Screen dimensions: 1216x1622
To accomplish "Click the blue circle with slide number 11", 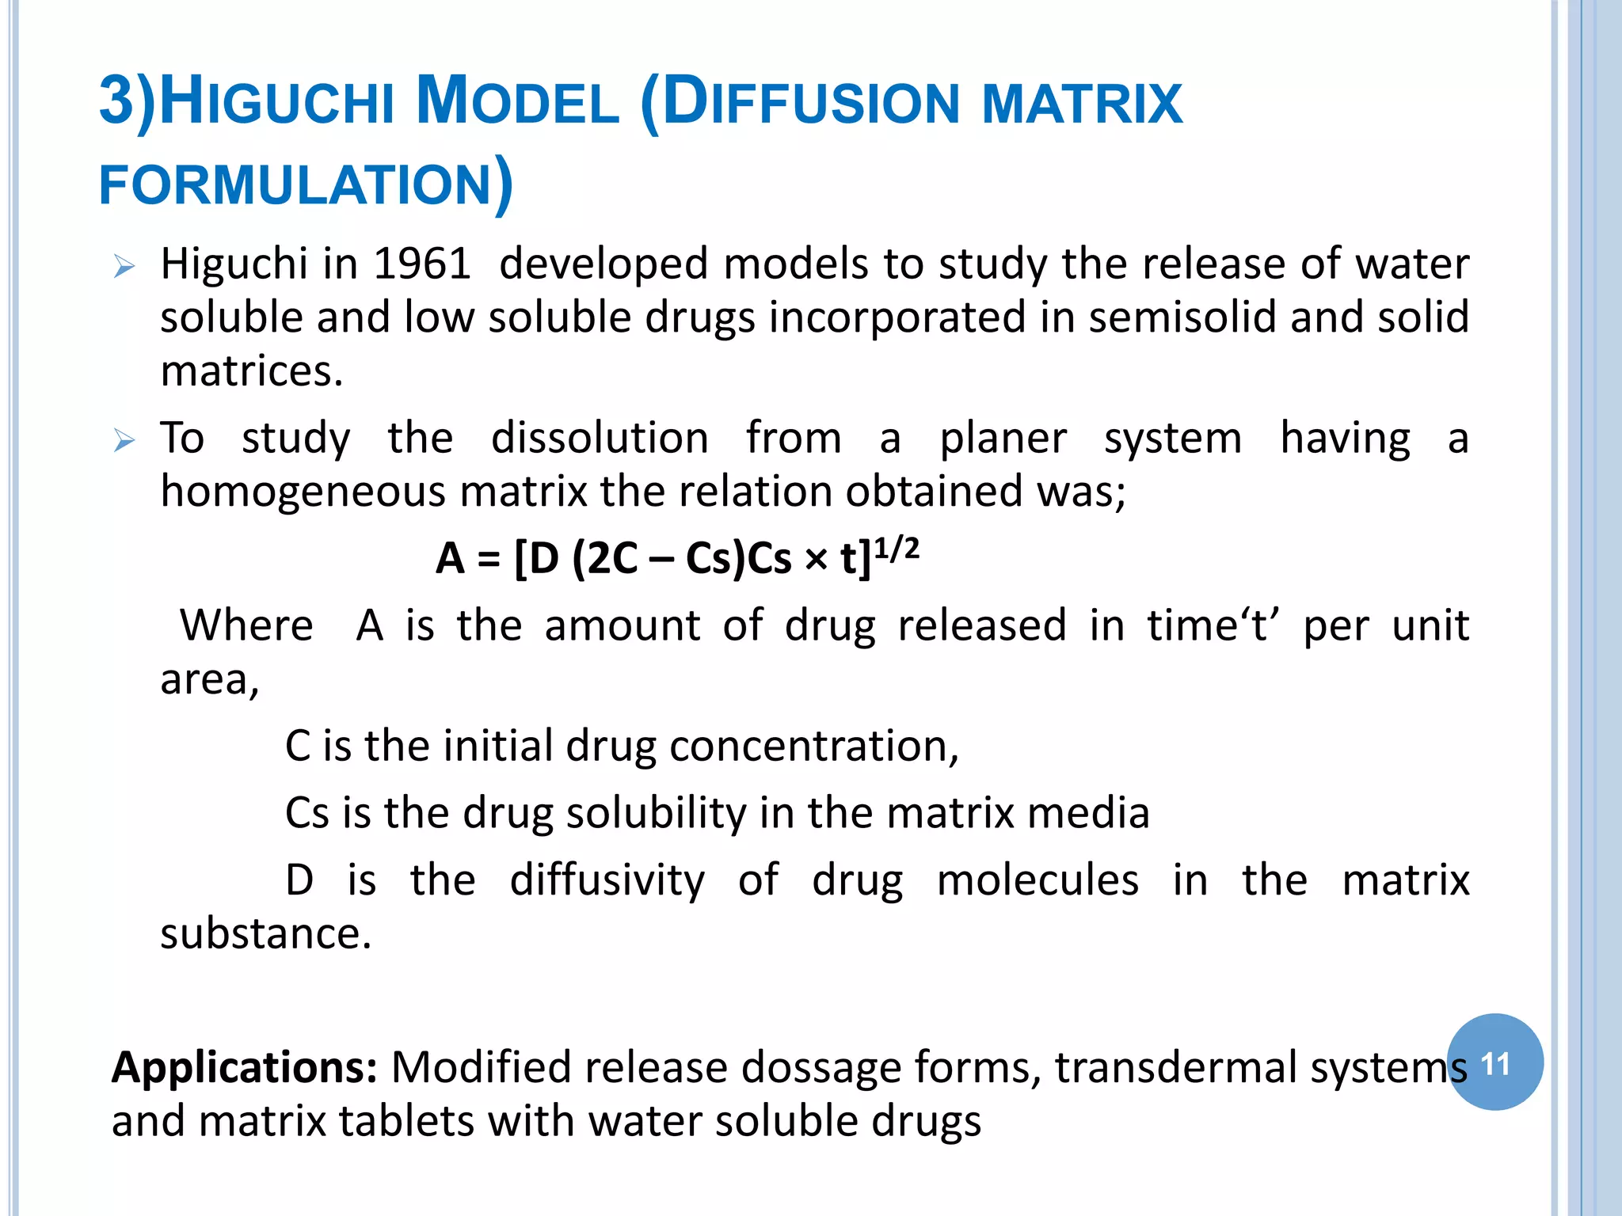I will click(1494, 1062).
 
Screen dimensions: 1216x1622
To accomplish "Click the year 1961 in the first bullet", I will click(422, 264).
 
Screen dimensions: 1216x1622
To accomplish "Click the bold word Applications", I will click(244, 1067).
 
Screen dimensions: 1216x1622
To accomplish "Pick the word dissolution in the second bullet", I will click(600, 438).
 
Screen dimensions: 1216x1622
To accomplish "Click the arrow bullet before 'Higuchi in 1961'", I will click(124, 266).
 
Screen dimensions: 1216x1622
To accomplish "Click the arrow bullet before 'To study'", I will click(124, 439).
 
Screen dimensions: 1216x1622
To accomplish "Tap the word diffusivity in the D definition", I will click(607, 880).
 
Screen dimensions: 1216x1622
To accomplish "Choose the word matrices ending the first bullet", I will click(251, 370).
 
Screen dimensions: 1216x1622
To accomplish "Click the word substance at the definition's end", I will click(265, 934).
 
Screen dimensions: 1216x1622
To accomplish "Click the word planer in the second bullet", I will click(1003, 438).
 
